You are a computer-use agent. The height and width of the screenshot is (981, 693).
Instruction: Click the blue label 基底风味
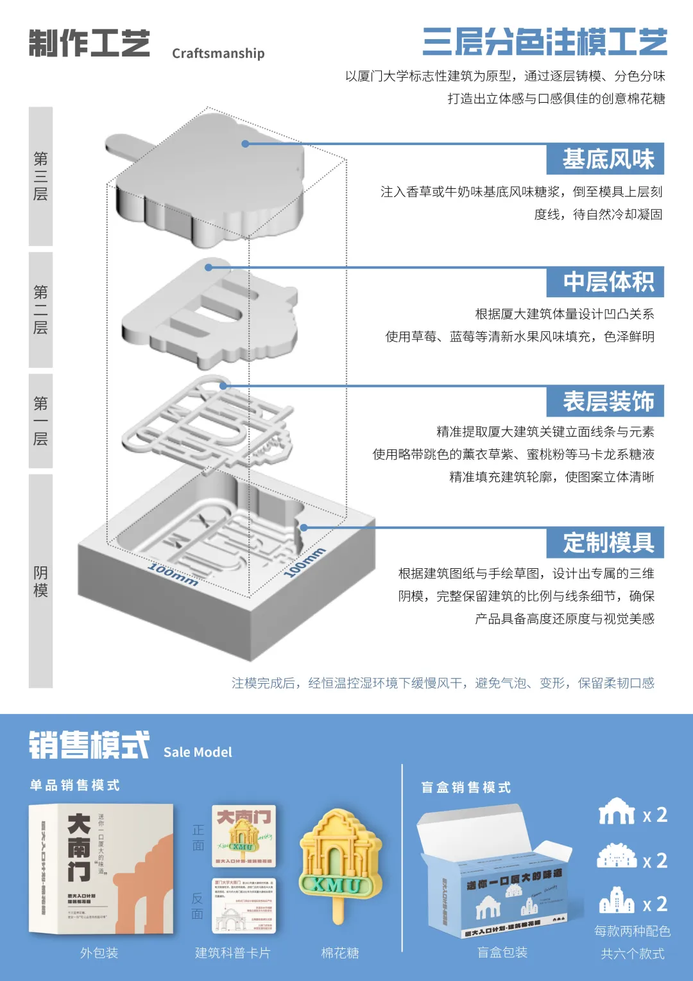click(605, 159)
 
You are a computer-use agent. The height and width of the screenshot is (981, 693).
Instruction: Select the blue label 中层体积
click(605, 282)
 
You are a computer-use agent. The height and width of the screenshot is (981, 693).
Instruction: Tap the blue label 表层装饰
click(605, 401)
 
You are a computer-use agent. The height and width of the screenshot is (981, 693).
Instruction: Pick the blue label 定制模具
click(605, 543)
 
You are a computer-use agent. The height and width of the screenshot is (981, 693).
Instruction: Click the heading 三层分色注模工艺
click(545, 42)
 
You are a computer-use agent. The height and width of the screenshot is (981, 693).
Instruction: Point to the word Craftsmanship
click(218, 53)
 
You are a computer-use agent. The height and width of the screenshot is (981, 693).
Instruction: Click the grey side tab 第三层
click(40, 176)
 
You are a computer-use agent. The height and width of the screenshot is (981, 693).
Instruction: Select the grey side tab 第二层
click(40, 309)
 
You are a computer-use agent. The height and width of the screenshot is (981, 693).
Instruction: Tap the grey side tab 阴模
click(40, 581)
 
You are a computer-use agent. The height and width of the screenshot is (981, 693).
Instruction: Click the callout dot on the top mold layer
click(245, 144)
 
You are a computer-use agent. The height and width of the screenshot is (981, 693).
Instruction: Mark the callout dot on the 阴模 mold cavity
click(304, 528)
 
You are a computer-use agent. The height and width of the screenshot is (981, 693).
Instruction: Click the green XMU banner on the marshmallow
click(338, 885)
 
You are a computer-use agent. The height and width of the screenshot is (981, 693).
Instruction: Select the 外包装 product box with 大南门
click(101, 869)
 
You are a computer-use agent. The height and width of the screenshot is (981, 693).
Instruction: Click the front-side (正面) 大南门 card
click(244, 835)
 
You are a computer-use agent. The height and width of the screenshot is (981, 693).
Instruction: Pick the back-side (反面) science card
click(244, 905)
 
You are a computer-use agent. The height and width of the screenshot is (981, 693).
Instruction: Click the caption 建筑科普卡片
click(232, 953)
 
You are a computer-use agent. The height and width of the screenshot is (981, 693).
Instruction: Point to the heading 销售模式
click(89, 745)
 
